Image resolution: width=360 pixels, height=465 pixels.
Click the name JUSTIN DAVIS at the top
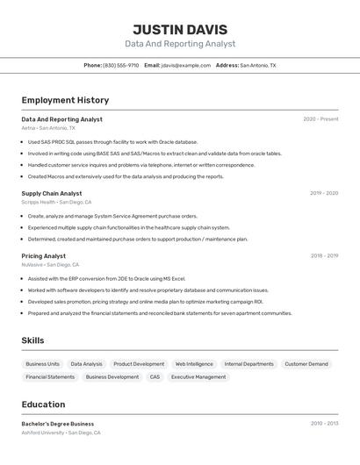click(x=180, y=30)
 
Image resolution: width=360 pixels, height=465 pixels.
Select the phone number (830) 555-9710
click(x=120, y=65)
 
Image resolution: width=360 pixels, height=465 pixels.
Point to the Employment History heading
click(x=65, y=100)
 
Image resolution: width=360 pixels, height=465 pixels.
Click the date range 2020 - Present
click(x=320, y=119)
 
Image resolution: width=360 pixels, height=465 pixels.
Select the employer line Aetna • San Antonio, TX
click(x=48, y=128)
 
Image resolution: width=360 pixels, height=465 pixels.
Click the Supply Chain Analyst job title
click(x=52, y=193)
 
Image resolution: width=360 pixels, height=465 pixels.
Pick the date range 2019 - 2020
click(x=324, y=193)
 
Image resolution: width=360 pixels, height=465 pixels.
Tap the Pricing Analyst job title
click(x=44, y=256)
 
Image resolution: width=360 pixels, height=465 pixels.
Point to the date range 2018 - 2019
click(x=324, y=256)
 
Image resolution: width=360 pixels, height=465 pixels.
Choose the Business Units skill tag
click(x=42, y=364)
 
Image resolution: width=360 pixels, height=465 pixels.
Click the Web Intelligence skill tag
click(x=194, y=364)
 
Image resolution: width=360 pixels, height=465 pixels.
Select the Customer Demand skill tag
click(x=306, y=364)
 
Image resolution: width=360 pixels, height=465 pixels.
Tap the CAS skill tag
click(x=155, y=377)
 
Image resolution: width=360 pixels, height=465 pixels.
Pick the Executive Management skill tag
click(x=198, y=377)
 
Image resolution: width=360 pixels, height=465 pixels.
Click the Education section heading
click(x=43, y=404)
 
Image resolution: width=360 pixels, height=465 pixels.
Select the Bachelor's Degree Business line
click(x=58, y=424)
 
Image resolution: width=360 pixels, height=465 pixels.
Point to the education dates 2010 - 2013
click(x=324, y=424)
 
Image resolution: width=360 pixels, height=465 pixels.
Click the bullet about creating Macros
click(x=126, y=176)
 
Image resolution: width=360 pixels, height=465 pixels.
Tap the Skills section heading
click(x=32, y=340)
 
